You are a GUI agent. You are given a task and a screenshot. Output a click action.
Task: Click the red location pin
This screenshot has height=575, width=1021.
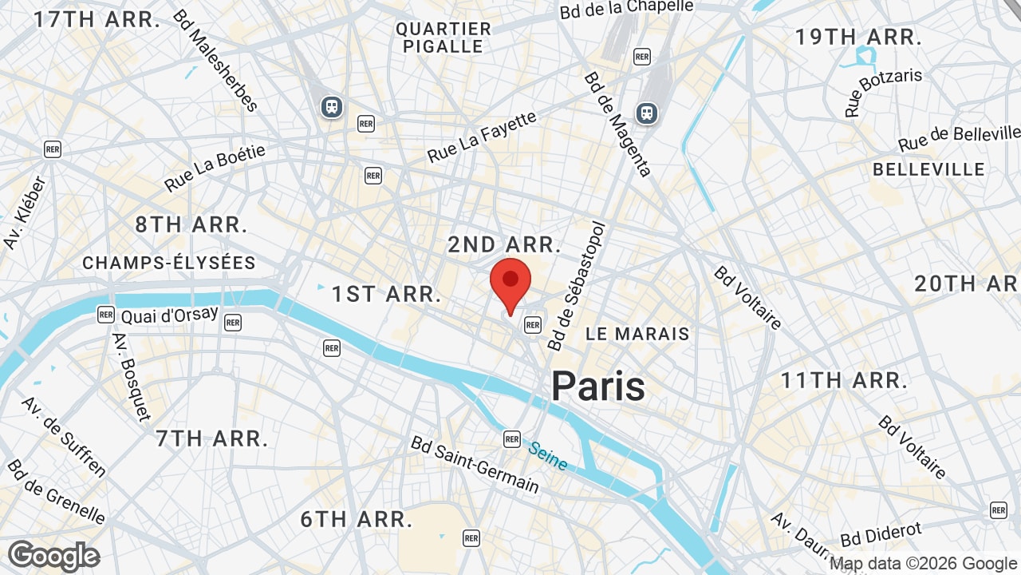510,284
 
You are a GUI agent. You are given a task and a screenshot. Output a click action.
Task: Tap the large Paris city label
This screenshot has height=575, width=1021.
598,387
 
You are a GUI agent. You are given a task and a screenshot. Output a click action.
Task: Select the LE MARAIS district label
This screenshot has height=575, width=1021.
637,334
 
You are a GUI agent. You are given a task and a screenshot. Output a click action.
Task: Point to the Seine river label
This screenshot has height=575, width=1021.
548,456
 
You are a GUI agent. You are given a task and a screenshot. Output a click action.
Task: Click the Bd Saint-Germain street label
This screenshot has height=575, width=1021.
475,464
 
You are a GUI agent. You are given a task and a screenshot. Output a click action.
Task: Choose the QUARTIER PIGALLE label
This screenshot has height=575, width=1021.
443,38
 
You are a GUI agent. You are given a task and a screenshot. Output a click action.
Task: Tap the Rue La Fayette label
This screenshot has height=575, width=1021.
482,137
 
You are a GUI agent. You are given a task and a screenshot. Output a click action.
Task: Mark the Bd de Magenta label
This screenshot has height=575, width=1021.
617,124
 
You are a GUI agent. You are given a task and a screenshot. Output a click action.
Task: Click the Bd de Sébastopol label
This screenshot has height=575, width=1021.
578,286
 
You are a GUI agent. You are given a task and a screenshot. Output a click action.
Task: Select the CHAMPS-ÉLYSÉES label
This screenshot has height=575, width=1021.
169,263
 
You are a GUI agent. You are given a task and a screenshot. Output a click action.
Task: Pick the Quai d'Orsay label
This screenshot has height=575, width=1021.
170,314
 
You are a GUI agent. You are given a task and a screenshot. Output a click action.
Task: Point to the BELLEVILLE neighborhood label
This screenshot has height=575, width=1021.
928,169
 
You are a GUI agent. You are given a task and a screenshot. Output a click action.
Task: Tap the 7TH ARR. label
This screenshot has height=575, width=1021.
211,438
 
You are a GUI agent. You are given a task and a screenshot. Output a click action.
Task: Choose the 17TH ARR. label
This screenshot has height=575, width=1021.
97,20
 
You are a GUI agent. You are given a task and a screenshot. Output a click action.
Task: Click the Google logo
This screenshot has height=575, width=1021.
53,556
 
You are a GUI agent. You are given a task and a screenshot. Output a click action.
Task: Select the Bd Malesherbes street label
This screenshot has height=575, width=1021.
215,61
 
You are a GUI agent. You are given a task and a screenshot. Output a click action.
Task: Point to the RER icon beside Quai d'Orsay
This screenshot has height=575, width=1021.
106,314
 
